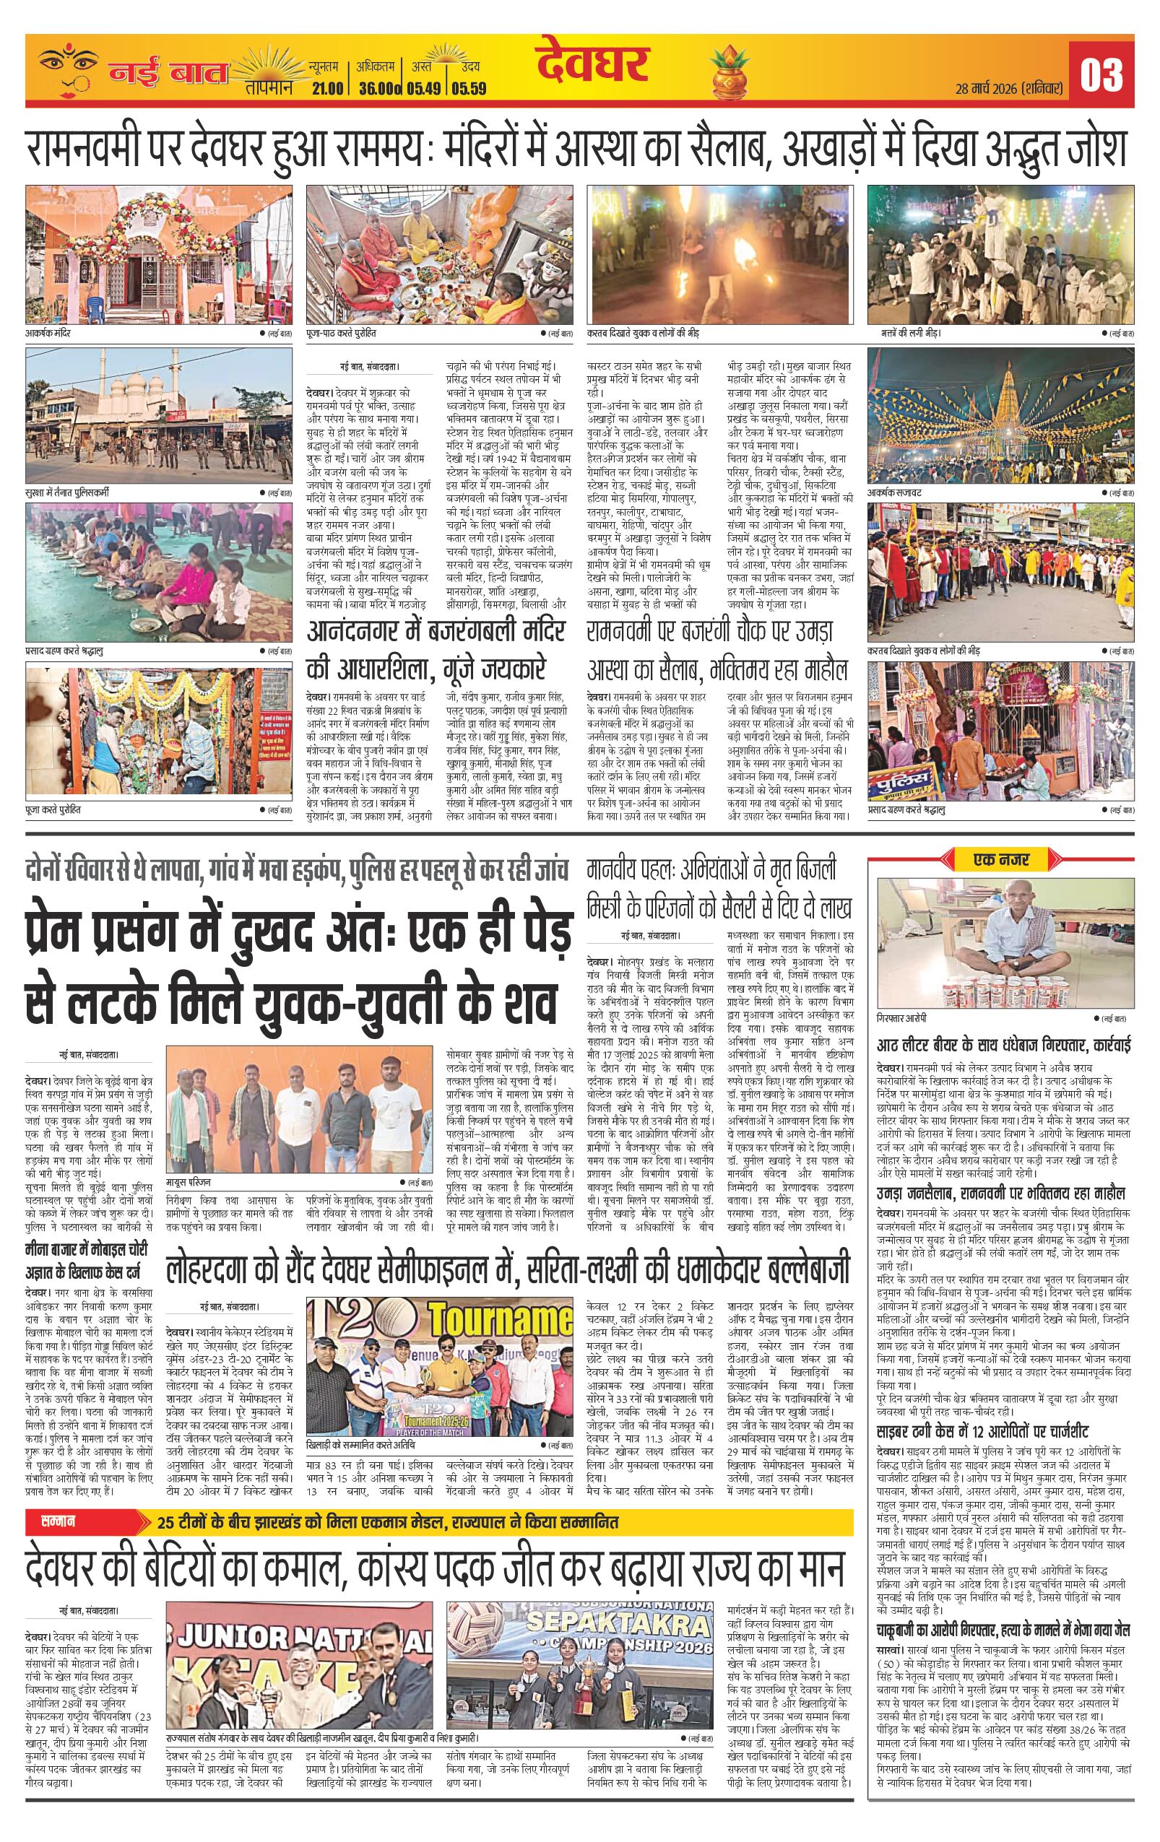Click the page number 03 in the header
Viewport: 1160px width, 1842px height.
click(x=1101, y=74)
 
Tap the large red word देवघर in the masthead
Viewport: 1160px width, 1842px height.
click(x=592, y=64)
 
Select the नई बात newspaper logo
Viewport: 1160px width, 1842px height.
click(x=168, y=74)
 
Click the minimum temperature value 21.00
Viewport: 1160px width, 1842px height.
click(x=326, y=89)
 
